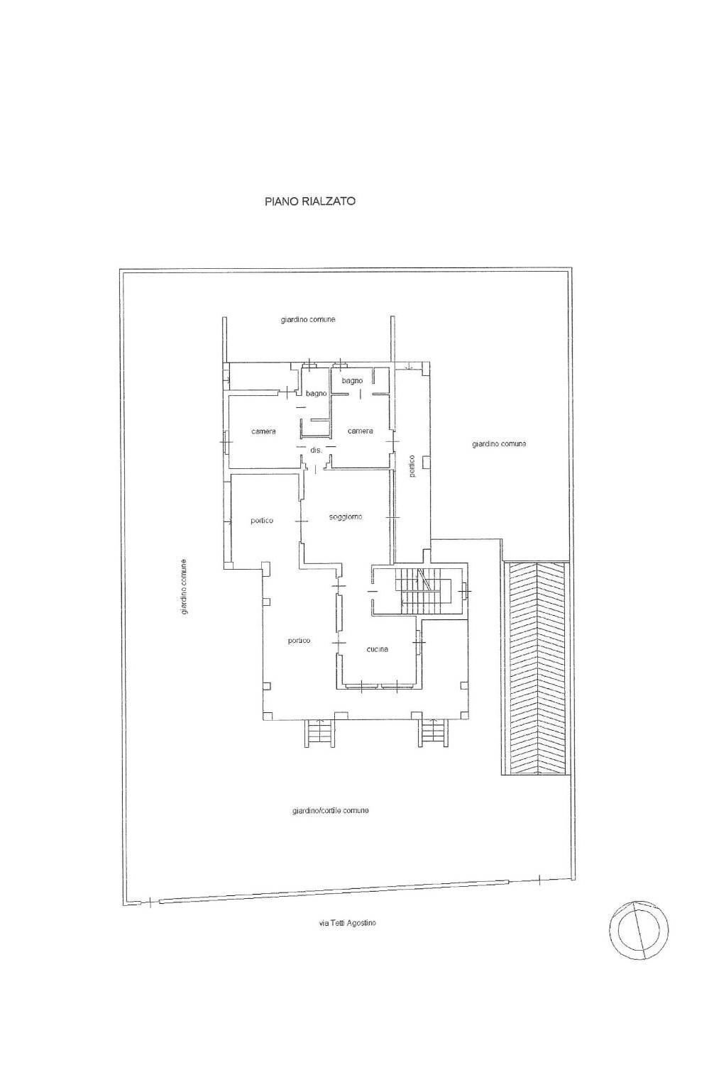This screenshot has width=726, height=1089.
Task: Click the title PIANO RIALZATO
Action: (310, 201)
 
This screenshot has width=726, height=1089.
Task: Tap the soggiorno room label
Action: (346, 517)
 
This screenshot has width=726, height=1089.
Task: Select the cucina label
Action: (378, 649)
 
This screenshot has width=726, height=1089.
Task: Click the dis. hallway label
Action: (317, 450)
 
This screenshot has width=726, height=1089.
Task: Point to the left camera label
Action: (263, 431)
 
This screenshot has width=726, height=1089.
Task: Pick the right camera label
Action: (360, 431)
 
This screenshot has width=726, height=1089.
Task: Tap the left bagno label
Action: (317, 394)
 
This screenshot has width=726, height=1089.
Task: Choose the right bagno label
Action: (352, 381)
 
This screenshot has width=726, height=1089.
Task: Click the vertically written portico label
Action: (412, 465)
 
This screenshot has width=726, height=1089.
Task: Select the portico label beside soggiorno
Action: (262, 521)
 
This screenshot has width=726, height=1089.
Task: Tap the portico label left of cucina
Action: (299, 641)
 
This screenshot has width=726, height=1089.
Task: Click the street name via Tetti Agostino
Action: (348, 923)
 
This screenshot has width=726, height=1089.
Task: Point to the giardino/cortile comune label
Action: (330, 811)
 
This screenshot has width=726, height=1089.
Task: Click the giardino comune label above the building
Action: (307, 320)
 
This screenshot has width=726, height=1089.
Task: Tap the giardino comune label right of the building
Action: (499, 444)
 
